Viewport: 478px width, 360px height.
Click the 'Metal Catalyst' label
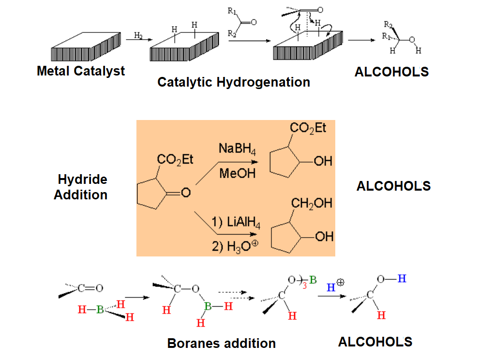[81, 71]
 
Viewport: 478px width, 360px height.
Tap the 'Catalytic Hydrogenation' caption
[234, 82]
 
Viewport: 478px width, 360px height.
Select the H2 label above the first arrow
[138, 35]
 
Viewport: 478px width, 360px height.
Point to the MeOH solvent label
[237, 173]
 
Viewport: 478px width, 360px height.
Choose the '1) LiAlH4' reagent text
[236, 224]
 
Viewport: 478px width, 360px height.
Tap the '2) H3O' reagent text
[235, 246]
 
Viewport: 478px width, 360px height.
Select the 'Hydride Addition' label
[81, 187]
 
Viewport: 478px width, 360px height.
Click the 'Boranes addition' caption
[221, 344]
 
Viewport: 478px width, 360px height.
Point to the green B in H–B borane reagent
[100, 310]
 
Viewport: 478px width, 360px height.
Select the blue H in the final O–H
[402, 279]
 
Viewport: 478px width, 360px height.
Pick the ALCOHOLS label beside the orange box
[393, 186]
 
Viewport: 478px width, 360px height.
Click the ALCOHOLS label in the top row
[391, 72]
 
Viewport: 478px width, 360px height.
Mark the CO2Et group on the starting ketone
[175, 160]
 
